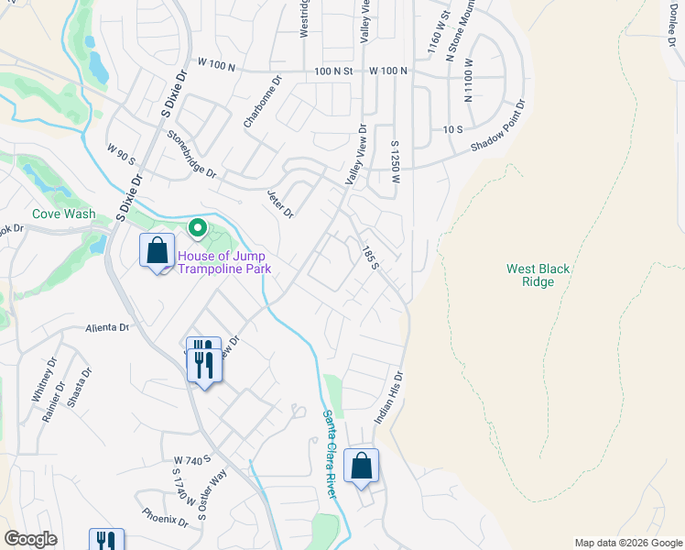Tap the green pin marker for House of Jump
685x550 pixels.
tap(196, 227)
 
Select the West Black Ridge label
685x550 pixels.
tap(538, 275)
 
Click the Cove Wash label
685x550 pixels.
tap(63, 214)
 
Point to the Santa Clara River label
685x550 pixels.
tap(332, 453)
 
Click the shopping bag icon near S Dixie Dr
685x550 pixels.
tap(157, 250)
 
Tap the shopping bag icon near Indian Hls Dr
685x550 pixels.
tap(362, 465)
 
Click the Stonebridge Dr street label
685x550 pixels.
tap(191, 154)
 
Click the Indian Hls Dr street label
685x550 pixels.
tap(388, 397)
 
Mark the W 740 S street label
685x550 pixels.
tap(192, 458)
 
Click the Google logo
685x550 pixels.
tap(30, 539)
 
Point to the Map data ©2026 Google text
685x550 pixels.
tap(628, 543)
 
